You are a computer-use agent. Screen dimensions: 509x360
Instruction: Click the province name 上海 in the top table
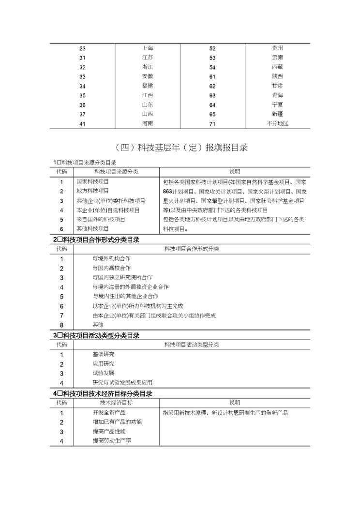coord(148,48)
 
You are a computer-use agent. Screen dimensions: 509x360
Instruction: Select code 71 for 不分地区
coord(212,124)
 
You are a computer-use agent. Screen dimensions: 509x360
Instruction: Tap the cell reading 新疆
coord(277,114)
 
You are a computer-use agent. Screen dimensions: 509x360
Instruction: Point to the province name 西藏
coord(277,67)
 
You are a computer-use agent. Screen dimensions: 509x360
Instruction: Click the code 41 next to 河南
coord(82,124)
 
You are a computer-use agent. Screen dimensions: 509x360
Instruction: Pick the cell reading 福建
coord(148,86)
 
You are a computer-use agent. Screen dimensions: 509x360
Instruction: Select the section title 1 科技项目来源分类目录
coord(85,163)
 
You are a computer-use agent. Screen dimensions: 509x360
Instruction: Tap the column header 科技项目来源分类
coord(116,172)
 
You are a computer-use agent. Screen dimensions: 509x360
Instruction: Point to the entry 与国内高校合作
coord(111,268)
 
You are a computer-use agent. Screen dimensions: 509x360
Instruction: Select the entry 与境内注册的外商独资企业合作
coord(130,287)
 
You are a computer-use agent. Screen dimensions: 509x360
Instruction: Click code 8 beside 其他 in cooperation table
coord(61,325)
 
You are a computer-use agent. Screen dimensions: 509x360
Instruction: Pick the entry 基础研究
coord(103,355)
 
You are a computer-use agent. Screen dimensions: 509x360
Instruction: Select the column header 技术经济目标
coord(116,403)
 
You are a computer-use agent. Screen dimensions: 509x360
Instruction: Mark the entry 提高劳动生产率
coord(112,441)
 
